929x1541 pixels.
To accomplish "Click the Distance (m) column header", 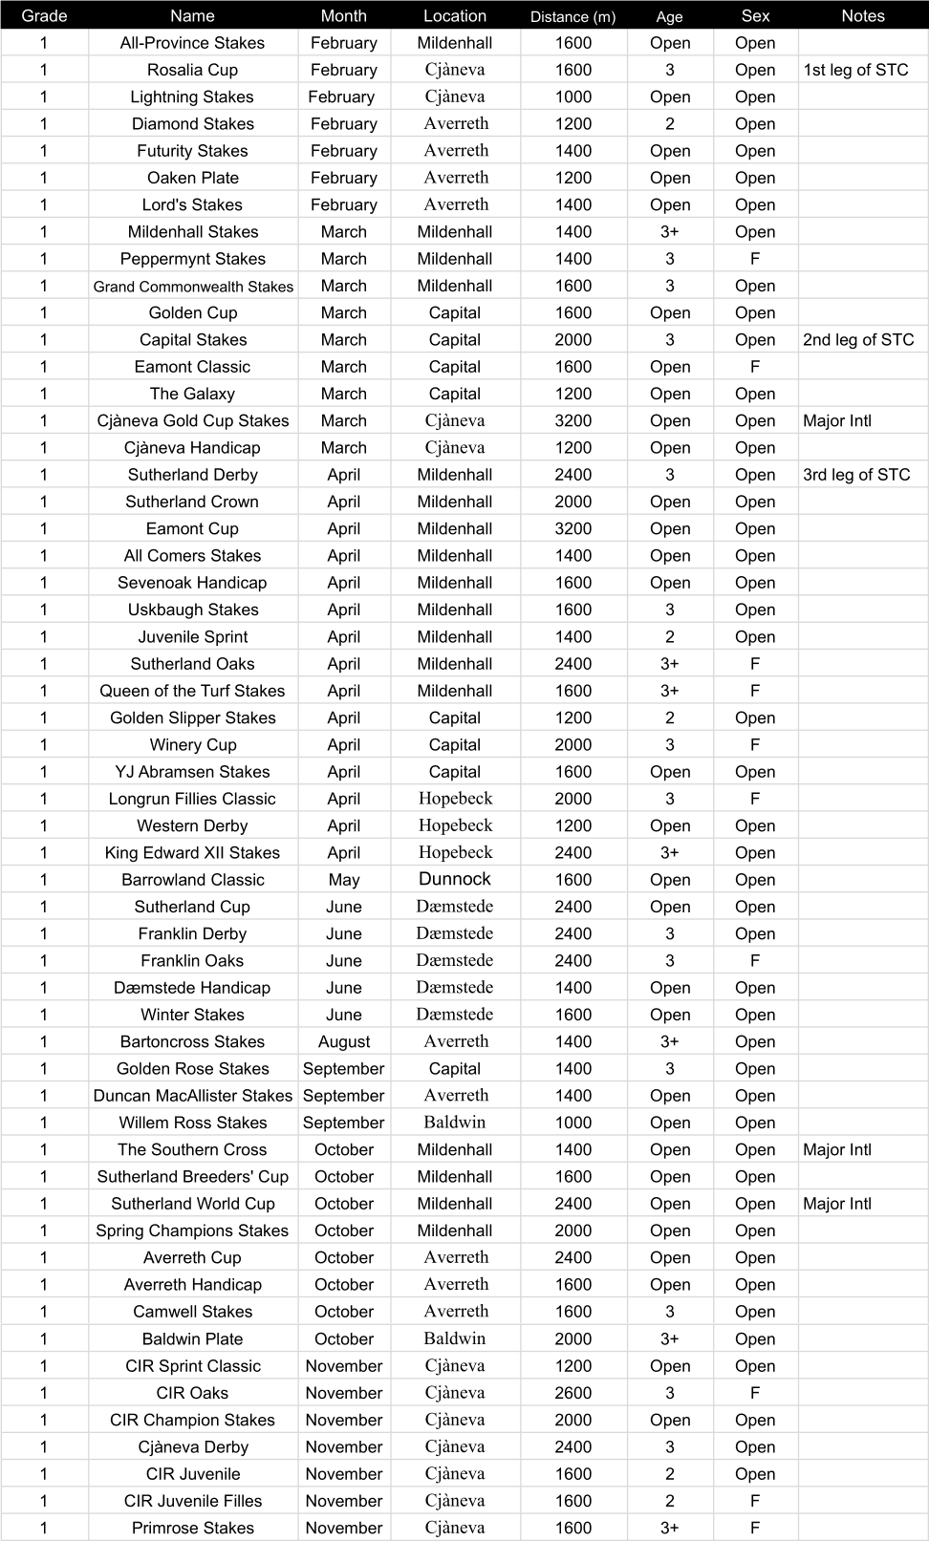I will click(573, 16).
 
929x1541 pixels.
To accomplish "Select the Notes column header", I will click(862, 16).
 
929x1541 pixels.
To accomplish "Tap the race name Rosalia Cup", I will click(192, 70).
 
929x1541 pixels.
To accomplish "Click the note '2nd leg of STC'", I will click(858, 340).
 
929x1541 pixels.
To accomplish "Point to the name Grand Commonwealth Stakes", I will click(193, 286).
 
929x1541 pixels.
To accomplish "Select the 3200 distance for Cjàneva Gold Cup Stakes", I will click(573, 420).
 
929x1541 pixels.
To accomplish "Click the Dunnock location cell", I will click(455, 879).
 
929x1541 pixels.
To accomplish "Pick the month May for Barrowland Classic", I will click(343, 880).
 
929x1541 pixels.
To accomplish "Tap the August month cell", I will click(343, 1041).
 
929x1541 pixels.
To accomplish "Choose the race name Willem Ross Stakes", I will click(192, 1123).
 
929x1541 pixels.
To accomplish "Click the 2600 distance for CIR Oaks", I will click(573, 1393).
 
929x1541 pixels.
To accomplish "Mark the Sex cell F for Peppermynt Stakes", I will click(755, 259).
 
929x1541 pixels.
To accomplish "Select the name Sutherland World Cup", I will click(192, 1204).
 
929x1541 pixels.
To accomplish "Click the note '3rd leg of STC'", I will click(856, 475).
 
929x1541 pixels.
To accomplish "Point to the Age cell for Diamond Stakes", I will click(669, 124).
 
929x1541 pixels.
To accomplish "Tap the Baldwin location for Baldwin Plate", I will click(455, 1338).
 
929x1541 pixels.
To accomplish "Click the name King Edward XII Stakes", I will click(192, 853).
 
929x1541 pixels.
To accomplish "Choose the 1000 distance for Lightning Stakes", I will click(573, 96).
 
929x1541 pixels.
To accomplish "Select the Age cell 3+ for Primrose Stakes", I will click(669, 1528).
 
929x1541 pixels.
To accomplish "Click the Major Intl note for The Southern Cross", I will click(837, 1150).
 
